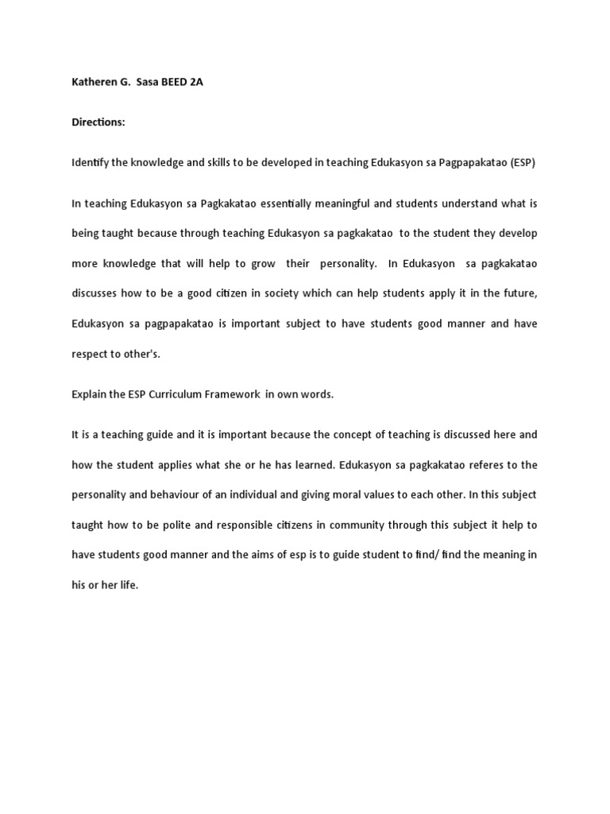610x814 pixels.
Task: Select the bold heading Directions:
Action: (x=98, y=122)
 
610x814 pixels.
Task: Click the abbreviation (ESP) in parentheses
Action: (x=521, y=162)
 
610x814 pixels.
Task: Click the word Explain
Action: (x=89, y=394)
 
